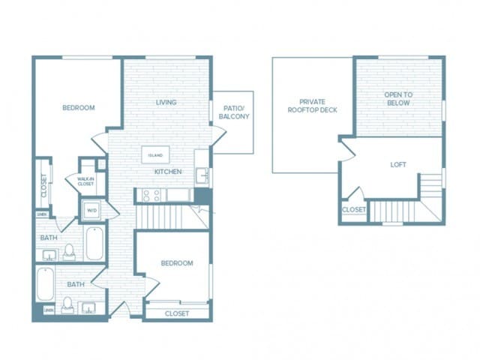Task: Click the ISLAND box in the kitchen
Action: point(155,154)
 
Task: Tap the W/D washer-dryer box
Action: point(91,210)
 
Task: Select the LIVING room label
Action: point(166,103)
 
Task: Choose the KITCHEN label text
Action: point(168,172)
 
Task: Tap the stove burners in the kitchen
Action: point(150,196)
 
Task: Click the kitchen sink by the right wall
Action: point(202,176)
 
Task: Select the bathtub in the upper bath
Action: point(94,244)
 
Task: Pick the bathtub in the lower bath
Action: point(46,285)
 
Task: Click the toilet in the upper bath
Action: point(68,251)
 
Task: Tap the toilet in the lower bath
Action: point(67,304)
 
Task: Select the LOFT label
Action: point(398,164)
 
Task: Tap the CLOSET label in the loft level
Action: point(353,210)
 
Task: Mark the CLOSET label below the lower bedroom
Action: point(176,313)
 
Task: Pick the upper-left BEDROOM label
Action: point(78,108)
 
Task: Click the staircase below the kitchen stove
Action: point(161,217)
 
